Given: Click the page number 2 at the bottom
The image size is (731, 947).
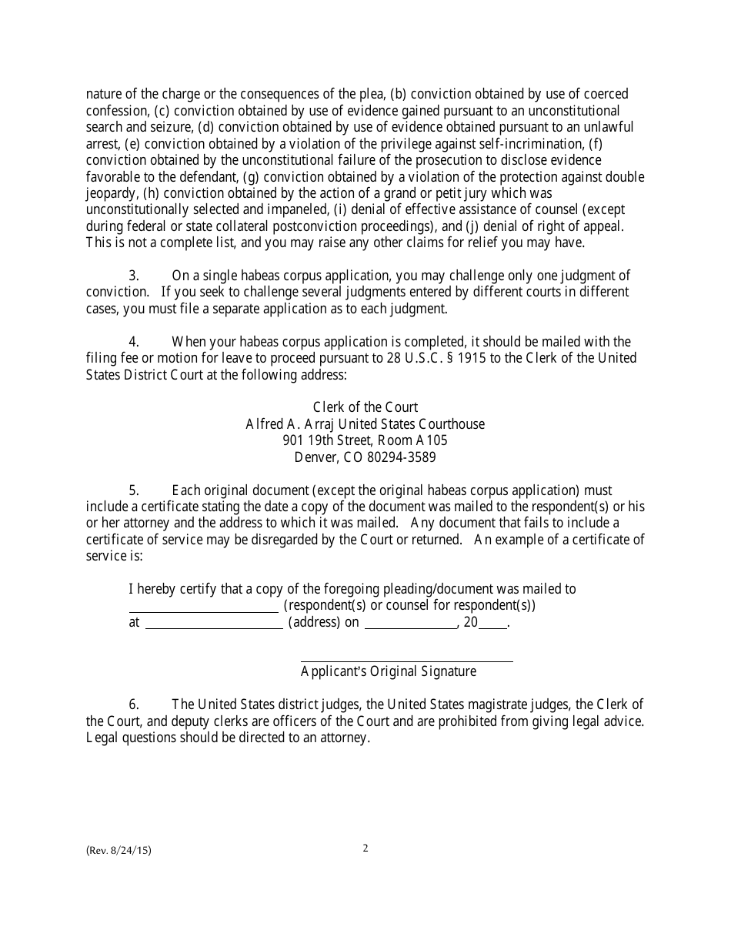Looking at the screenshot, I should tap(365, 848).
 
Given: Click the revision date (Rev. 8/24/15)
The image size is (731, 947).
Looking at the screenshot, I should tap(118, 851).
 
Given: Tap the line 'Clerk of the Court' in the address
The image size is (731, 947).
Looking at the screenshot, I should tap(365, 407).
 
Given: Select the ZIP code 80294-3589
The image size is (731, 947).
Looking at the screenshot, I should tap(396, 457).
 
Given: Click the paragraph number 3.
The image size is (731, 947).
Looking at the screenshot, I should tap(134, 276).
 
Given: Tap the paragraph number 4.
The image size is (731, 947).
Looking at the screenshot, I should tap(134, 342).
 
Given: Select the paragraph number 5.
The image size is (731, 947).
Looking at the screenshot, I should tap(134, 490).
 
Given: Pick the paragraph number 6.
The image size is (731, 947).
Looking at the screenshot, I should tap(134, 704).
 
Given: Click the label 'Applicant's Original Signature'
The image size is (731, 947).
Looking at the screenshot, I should tap(389, 671).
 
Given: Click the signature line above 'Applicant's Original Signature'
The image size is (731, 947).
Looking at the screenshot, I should tap(406, 661).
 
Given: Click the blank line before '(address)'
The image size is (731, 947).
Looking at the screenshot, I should tap(214, 627).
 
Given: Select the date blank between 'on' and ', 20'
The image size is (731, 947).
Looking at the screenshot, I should tap(410, 627).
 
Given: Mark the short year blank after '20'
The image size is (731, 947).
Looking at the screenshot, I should tap(493, 627).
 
